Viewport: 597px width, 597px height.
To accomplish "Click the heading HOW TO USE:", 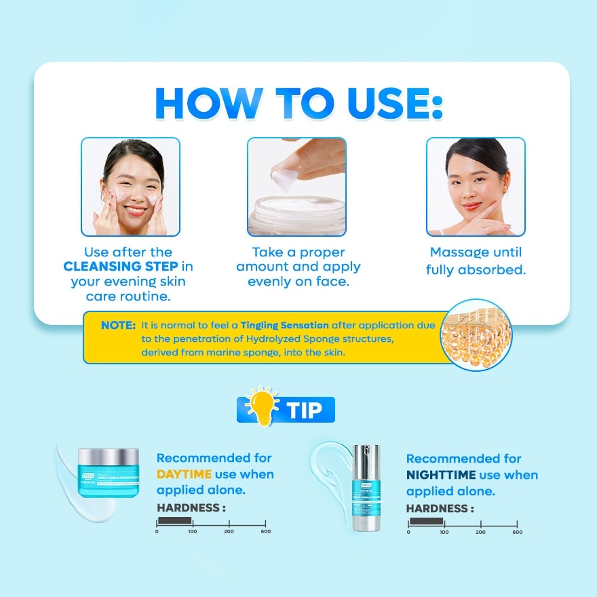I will pos(298,103).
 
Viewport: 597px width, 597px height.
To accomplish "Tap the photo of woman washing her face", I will pos(130,187).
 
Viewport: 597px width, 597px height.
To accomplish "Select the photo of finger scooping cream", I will pos(296,187).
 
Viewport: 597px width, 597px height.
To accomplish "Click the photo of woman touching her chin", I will pos(476,187).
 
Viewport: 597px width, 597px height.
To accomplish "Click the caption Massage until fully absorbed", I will pos(476,261).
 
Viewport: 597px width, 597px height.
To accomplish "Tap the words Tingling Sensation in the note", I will pos(285,325).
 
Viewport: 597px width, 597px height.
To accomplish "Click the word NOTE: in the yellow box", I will pos(119,325).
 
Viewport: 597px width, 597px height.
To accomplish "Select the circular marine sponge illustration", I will pos(476,335).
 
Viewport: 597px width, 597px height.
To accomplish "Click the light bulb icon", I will pos(263,406).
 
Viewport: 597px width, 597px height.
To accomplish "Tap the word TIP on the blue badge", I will pos(304,410).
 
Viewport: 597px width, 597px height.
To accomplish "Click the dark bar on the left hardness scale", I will pos(174,521).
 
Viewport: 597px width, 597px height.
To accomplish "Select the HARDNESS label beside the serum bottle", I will pos(440,508).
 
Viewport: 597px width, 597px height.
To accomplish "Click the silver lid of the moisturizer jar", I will pos(109,457).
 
